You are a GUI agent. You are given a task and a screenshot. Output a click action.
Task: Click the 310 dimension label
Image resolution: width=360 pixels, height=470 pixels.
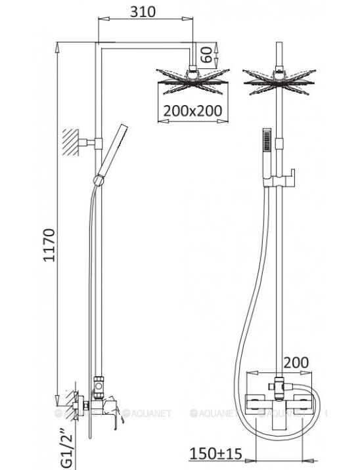point(143,12)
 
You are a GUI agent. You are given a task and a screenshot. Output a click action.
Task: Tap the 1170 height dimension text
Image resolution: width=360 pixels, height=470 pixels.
point(49,246)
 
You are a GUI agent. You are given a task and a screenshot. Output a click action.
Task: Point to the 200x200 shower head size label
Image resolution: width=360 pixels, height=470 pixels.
point(192,111)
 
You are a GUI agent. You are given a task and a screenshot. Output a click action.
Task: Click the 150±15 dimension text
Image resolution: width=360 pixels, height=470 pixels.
point(216,454)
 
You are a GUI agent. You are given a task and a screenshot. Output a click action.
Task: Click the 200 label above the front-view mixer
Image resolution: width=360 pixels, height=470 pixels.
point(296,363)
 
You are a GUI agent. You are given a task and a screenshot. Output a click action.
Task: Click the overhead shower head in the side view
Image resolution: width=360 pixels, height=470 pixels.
point(192,81)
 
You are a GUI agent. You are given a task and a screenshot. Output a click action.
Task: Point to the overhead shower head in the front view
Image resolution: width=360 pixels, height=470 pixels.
point(279,81)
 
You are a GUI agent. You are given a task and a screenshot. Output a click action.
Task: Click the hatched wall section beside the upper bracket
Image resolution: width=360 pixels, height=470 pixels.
point(70,142)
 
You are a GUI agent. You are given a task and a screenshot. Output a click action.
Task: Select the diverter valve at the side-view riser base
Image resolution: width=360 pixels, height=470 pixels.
point(98,387)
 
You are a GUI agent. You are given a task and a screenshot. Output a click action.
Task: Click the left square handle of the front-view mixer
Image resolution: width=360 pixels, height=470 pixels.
point(255,404)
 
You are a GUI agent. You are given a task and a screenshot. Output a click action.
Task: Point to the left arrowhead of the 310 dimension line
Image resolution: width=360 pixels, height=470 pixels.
point(104,19)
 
